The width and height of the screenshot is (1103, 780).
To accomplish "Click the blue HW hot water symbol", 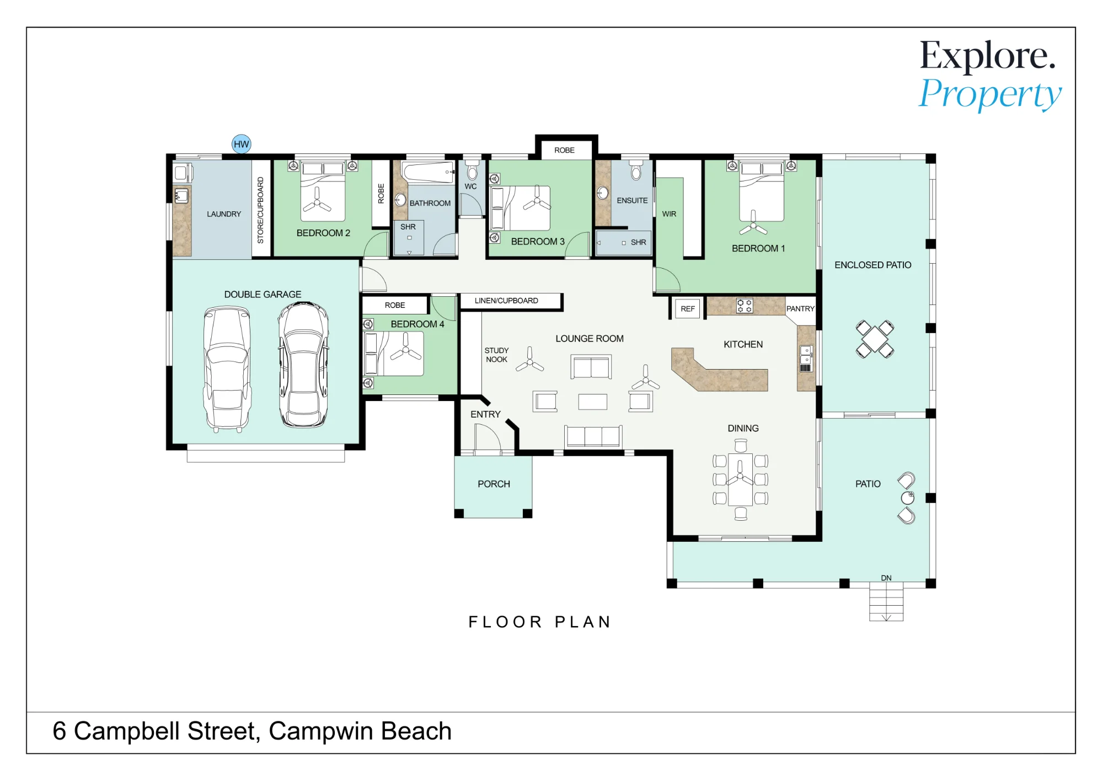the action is click(x=241, y=145).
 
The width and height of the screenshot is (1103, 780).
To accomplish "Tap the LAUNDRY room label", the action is click(x=224, y=214).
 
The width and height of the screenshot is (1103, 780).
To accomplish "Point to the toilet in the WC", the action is click(x=472, y=170).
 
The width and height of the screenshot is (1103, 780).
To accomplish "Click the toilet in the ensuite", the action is click(x=636, y=171).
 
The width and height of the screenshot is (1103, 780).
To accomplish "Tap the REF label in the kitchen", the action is click(x=688, y=309).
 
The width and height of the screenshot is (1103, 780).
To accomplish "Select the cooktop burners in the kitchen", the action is click(x=745, y=306).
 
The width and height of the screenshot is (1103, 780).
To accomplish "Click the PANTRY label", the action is click(x=800, y=309).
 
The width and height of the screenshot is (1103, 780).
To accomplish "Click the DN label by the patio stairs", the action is click(x=886, y=578).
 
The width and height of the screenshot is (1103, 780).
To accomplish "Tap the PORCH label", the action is click(x=494, y=484).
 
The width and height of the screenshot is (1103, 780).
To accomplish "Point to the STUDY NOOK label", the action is click(x=496, y=355).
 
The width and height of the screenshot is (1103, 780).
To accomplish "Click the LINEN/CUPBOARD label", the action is click(x=506, y=301).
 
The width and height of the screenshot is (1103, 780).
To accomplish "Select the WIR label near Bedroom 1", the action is click(x=669, y=214).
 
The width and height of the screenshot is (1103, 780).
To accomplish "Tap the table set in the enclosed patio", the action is click(x=875, y=339).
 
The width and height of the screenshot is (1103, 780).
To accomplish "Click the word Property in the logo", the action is click(x=990, y=94).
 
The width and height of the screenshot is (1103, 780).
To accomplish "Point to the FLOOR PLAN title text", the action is click(x=540, y=622).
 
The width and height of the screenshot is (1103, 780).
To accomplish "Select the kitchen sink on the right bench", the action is click(x=806, y=355).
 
